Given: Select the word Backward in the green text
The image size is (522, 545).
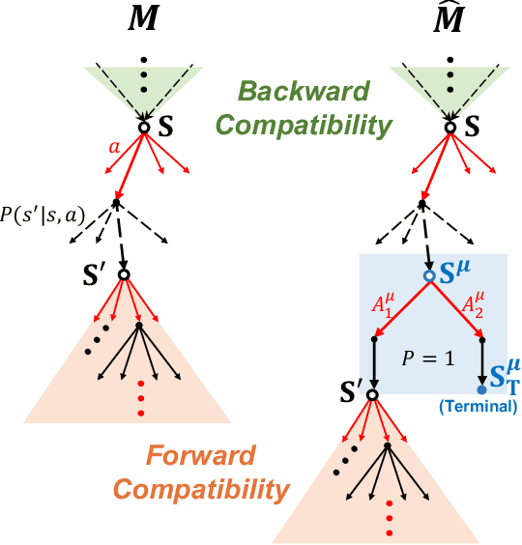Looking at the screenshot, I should click(x=304, y=93).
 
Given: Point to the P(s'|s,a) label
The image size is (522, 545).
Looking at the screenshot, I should click(x=47, y=214).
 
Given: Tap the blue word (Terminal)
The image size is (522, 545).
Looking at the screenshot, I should click(x=479, y=407).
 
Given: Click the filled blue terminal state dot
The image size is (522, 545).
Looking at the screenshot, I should click(x=481, y=389).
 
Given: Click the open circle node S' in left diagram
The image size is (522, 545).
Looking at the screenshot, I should click(x=123, y=274).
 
